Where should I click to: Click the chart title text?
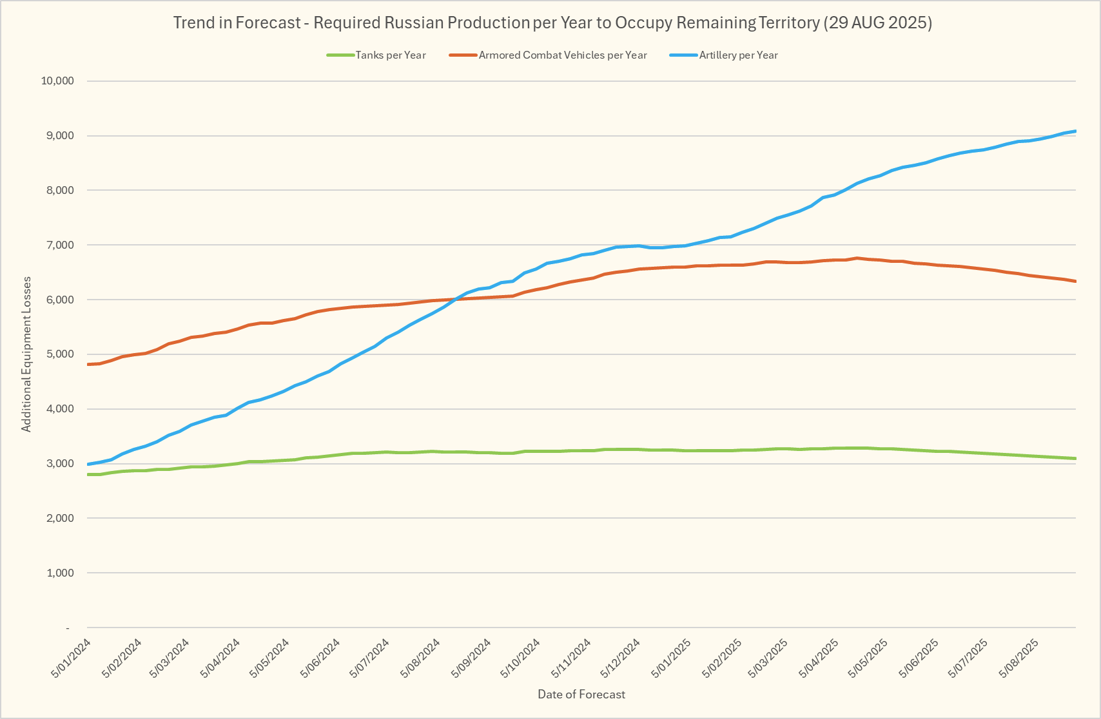tap(552, 23)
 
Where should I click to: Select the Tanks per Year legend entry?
tap(390, 55)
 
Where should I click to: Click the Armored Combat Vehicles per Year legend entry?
tap(562, 55)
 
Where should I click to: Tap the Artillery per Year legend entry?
tap(738, 55)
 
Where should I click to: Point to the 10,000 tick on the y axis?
tap(58, 81)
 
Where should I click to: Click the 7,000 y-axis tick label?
tap(61, 245)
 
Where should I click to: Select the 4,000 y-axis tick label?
tap(61, 409)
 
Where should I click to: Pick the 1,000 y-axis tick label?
tap(61, 573)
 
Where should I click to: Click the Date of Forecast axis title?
tap(581, 695)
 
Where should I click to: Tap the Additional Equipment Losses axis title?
tap(26, 354)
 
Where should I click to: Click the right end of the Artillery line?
tap(1075, 131)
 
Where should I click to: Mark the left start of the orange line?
tap(88, 365)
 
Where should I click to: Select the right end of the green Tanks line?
tap(1075, 459)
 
